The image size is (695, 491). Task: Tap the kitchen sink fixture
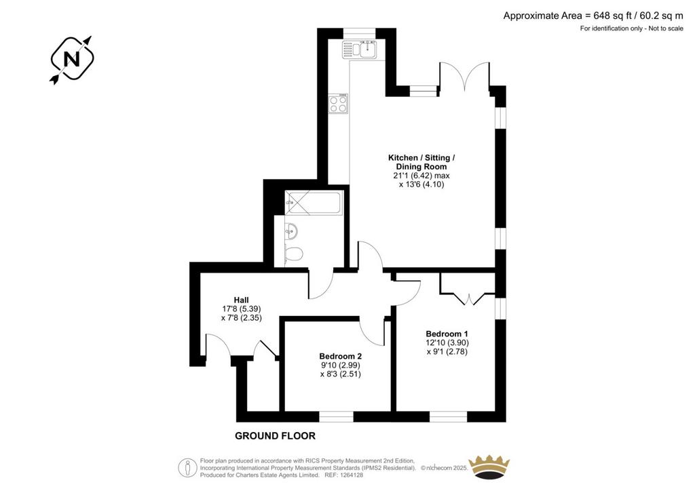point(360,50)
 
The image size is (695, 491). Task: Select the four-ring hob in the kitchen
point(338,104)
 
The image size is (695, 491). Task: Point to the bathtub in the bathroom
point(314,203)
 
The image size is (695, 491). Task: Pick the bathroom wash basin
point(290,231)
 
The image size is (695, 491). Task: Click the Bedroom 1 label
point(447,334)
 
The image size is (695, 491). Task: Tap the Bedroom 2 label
point(341,356)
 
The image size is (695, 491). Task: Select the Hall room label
point(241,300)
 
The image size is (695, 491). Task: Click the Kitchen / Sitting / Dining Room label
point(421,162)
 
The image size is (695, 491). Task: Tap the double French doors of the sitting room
point(464,77)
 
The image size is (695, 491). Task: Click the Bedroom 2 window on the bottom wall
point(336,416)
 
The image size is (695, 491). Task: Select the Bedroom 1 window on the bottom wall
point(448,416)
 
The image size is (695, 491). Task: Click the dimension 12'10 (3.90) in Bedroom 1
point(447,342)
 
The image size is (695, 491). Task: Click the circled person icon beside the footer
point(187,467)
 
